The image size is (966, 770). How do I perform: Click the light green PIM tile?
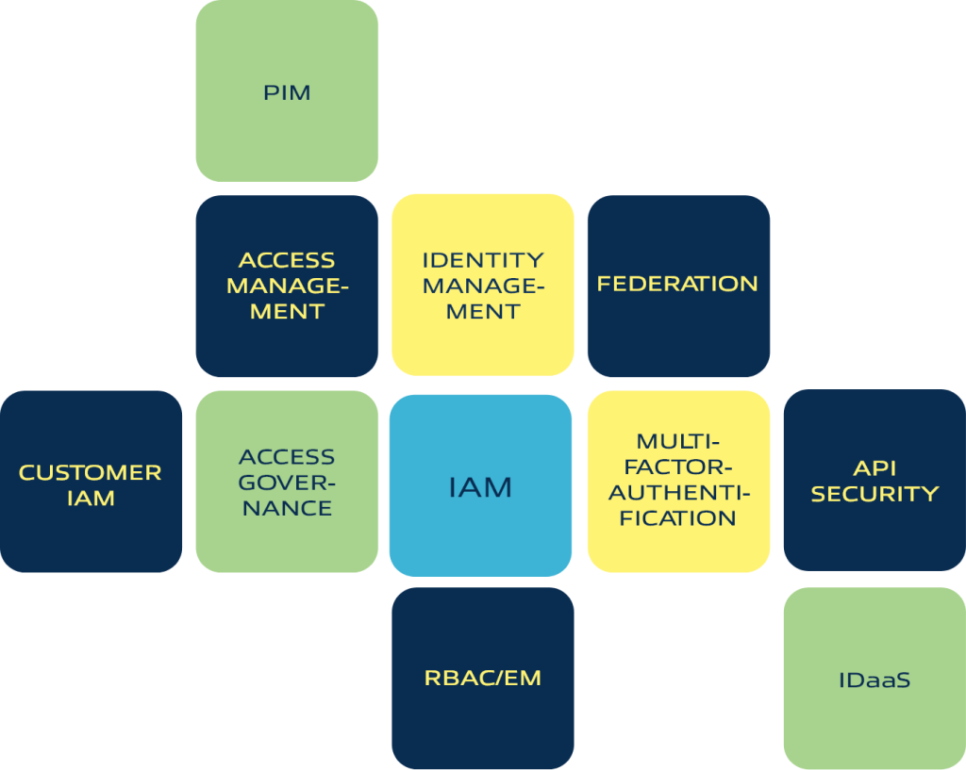pyautogui.click(x=287, y=91)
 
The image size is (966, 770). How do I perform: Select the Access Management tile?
pyautogui.click(x=287, y=286)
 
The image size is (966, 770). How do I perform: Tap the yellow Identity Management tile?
pyautogui.click(x=482, y=286)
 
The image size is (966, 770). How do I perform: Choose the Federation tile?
pyautogui.click(x=678, y=286)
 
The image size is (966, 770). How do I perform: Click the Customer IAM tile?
pyautogui.click(x=91, y=482)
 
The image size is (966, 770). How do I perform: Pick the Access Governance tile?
pyautogui.click(x=287, y=482)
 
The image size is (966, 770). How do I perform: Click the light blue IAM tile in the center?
pyautogui.click(x=480, y=486)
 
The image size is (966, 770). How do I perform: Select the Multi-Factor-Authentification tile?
pyautogui.click(x=678, y=482)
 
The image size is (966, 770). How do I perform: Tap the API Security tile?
pyautogui.click(x=874, y=482)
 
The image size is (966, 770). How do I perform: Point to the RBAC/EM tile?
pyautogui.click(x=482, y=678)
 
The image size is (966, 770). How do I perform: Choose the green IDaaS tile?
pyautogui.click(x=874, y=678)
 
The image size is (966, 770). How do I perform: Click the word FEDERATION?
pyautogui.click(x=677, y=284)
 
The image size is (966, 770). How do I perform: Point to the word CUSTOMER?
pyautogui.click(x=91, y=472)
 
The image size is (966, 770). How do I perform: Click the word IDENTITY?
pyautogui.click(x=483, y=260)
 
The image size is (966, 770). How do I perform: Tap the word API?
pyautogui.click(x=874, y=468)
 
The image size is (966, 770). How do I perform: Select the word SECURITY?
pyautogui.click(x=874, y=494)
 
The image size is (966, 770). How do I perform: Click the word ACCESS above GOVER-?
pyautogui.click(x=287, y=457)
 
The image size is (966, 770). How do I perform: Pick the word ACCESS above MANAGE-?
pyautogui.click(x=287, y=260)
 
